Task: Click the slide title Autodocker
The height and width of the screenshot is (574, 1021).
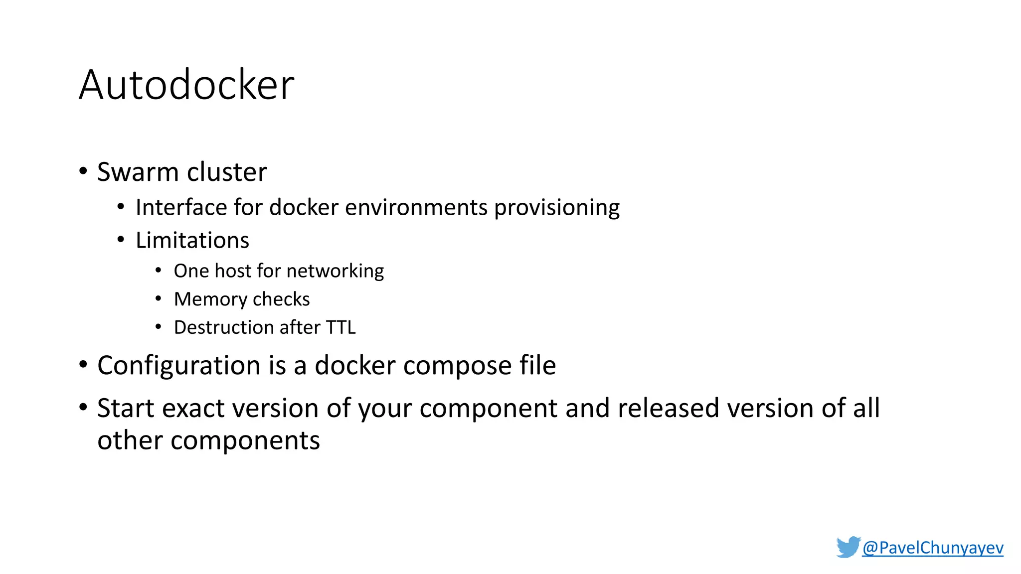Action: pos(186,85)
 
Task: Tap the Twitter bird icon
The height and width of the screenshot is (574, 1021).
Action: pos(848,547)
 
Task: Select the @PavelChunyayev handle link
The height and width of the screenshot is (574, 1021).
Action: pos(932,548)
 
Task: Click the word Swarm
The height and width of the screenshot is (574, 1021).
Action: pos(138,172)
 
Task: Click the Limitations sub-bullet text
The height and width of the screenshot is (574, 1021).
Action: pos(192,240)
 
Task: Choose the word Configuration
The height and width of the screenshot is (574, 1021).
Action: pos(179,366)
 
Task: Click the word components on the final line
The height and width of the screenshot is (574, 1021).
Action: pos(245,441)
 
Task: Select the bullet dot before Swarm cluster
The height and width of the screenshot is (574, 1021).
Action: pos(83,171)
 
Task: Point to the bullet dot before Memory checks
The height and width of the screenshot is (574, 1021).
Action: pos(158,299)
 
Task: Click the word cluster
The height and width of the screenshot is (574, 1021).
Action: pos(227,172)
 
